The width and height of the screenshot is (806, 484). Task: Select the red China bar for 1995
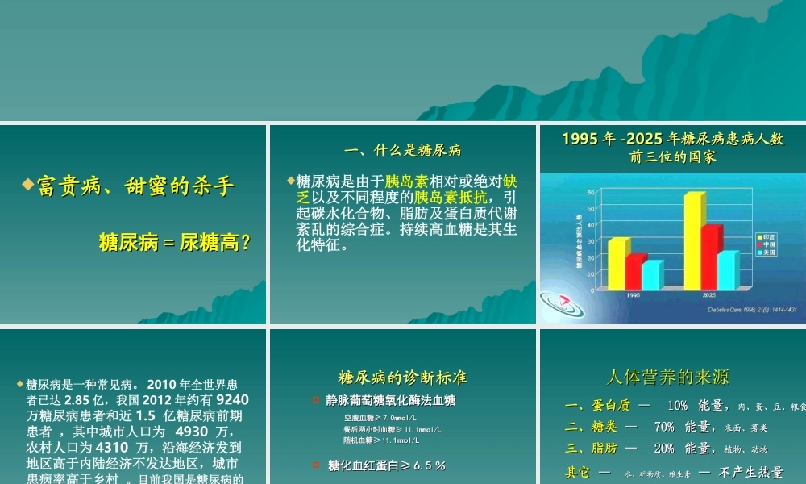tap(634, 271)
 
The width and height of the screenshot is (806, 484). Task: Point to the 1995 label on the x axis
tap(634, 295)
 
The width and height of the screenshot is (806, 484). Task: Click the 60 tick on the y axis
tap(590, 192)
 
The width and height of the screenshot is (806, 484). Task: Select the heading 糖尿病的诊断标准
tap(402, 378)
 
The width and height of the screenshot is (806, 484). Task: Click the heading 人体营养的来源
tap(667, 377)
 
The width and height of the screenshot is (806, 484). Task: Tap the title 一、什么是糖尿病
tap(402, 150)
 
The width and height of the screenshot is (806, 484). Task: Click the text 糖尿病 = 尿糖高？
tap(173, 242)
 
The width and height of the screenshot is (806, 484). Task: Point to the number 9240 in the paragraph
tap(233, 398)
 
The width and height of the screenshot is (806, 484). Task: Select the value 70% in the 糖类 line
tap(664, 427)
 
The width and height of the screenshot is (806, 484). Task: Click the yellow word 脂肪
tap(609, 449)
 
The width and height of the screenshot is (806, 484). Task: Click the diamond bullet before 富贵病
tap(27, 187)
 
